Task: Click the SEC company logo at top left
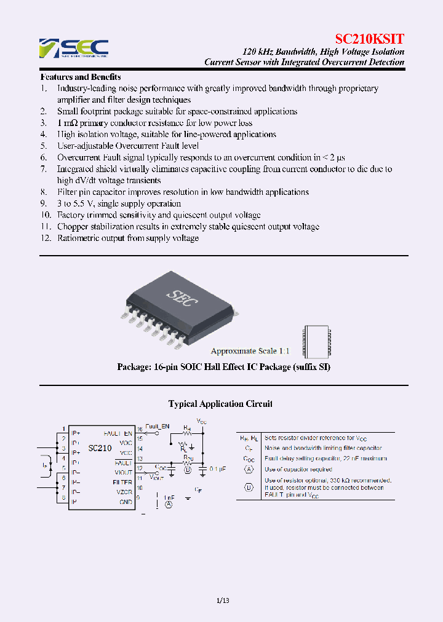point(73,48)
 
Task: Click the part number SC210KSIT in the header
point(369,39)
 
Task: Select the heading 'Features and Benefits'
point(80,77)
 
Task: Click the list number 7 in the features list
point(44,169)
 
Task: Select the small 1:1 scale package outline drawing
point(311,342)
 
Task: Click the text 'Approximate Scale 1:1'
point(250,351)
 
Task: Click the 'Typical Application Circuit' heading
point(221,404)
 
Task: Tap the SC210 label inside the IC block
point(100,448)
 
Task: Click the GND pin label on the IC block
point(126,502)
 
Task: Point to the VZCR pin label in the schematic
point(124,492)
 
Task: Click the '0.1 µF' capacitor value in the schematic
point(218,469)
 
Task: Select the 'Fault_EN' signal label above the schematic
point(158,426)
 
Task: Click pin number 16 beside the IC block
point(140,429)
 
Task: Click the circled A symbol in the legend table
point(249,469)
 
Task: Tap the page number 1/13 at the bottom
point(223,600)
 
